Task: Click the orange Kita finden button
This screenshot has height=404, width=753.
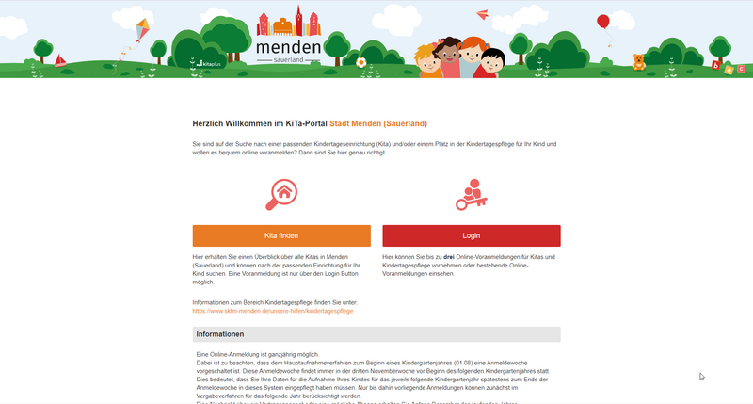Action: tap(282, 235)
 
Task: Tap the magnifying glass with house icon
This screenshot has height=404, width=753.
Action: tap(281, 194)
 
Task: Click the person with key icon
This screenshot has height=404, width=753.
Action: tap(470, 194)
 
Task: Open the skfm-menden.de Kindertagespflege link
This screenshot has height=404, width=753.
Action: tap(272, 310)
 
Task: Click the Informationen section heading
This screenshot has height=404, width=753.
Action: tap(220, 334)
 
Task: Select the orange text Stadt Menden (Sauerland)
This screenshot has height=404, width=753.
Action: tap(378, 123)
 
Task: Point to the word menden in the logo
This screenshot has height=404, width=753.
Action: tap(289, 46)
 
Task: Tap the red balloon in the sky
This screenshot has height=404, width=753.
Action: tap(602, 21)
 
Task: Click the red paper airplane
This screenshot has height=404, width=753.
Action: tap(483, 14)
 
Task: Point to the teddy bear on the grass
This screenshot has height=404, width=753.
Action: tap(639, 62)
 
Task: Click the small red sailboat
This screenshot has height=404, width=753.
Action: tap(60, 59)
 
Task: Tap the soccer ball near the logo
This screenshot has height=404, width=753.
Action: tap(360, 62)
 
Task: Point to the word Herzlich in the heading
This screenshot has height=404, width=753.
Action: tap(209, 123)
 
